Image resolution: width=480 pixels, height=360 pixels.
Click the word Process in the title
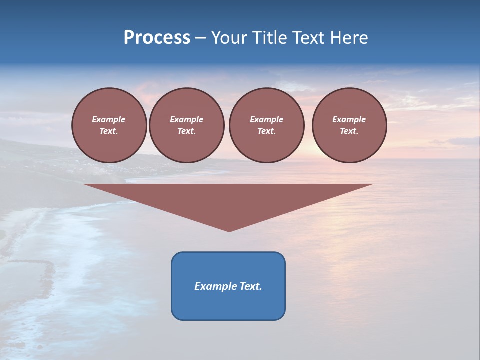pos(157,38)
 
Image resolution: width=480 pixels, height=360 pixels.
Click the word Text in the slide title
pos(309,38)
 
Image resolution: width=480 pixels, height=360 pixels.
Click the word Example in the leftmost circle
pos(109,119)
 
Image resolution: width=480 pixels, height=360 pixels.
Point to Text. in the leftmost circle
pos(109,131)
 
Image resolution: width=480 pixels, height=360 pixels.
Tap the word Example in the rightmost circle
pos(349,119)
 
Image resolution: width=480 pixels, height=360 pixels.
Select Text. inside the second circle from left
pos(186,131)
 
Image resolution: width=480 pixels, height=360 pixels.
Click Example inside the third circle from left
pos(266,119)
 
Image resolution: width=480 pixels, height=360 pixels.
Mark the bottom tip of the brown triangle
pos(229,231)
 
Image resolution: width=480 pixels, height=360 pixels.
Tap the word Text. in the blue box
pos(251,286)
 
